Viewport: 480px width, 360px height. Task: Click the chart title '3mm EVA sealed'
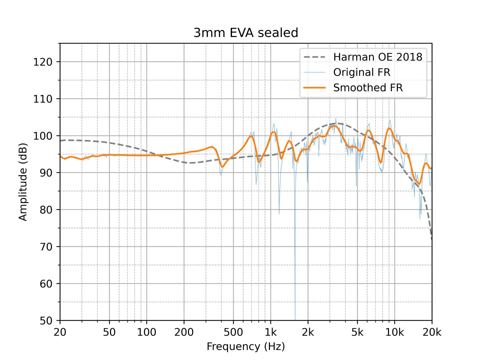(x=246, y=33)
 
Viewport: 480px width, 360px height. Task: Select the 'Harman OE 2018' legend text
(x=378, y=57)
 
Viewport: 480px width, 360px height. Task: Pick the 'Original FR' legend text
(x=362, y=72)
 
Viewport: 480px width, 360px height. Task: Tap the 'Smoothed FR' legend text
(x=368, y=88)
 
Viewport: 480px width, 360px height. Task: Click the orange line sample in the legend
(x=314, y=88)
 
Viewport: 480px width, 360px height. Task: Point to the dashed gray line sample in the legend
(x=314, y=57)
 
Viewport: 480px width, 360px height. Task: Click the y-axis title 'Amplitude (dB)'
(x=23, y=182)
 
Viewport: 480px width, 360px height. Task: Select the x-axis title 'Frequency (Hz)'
(x=246, y=347)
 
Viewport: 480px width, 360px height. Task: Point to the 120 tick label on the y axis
(x=43, y=62)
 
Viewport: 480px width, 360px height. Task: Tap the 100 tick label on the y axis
(x=43, y=136)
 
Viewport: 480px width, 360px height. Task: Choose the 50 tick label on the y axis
(x=46, y=321)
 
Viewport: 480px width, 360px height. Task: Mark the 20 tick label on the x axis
(x=60, y=332)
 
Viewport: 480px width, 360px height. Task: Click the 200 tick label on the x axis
(x=184, y=332)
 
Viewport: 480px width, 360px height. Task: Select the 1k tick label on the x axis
(x=271, y=332)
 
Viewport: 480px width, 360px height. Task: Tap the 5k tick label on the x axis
(x=357, y=332)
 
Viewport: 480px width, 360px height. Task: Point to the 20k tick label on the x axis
(x=432, y=332)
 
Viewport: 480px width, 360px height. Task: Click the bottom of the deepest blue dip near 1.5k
(x=295, y=319)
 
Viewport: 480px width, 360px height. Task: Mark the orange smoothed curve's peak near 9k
(x=389, y=128)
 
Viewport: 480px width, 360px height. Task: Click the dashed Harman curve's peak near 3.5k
(x=337, y=123)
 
